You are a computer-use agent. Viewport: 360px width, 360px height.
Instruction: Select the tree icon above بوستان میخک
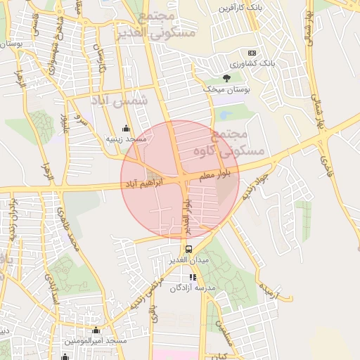click(x=226, y=78)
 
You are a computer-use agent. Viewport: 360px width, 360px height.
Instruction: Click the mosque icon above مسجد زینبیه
click(x=126, y=128)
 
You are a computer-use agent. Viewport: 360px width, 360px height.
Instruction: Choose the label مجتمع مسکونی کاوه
click(x=247, y=142)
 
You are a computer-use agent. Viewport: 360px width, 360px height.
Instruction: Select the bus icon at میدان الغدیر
click(x=188, y=249)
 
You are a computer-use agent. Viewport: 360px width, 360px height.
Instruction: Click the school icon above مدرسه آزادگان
click(x=193, y=277)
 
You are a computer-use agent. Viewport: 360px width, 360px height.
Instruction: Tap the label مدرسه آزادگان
click(x=197, y=288)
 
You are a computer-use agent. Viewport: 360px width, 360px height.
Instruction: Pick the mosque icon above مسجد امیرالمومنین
click(x=96, y=330)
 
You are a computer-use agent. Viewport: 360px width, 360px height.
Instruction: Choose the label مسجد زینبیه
click(x=126, y=139)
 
